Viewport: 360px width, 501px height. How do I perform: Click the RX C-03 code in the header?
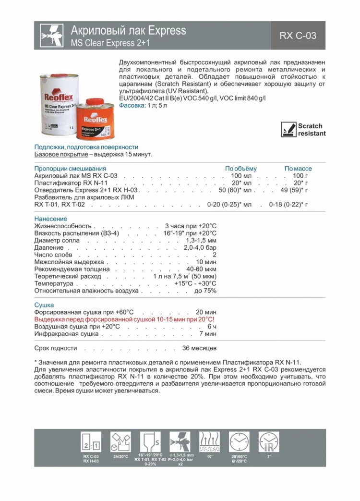click(x=298, y=36)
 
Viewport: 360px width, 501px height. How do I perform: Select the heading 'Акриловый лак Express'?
click(x=128, y=31)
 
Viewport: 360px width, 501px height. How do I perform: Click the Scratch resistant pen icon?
click(x=288, y=129)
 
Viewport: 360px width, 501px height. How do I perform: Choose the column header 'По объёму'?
click(x=241, y=169)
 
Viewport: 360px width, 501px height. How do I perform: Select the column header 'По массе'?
click(x=298, y=169)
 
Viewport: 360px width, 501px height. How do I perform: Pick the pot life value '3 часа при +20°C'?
click(x=191, y=226)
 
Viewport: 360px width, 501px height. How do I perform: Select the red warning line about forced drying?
click(x=124, y=319)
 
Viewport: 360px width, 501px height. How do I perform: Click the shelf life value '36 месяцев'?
click(x=200, y=347)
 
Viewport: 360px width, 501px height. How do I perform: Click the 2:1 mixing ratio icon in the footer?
click(x=91, y=440)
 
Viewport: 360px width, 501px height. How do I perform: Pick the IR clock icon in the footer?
click(x=268, y=440)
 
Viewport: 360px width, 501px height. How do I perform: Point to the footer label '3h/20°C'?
click(x=120, y=456)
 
